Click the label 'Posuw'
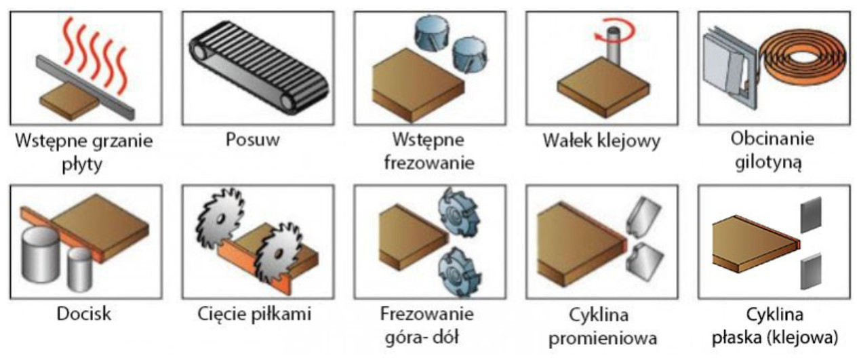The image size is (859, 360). tap(253, 140)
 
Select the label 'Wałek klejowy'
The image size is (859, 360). tap(601, 141)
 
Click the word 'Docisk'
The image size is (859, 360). tap(84, 314)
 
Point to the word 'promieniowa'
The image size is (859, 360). tap(603, 339)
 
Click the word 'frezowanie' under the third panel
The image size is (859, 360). tap(430, 163)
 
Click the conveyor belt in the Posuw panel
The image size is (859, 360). tap(259, 67)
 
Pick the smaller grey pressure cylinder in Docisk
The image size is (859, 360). tap(80, 270)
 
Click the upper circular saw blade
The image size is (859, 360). tap(220, 217)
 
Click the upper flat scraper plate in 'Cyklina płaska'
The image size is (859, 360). tap(811, 214)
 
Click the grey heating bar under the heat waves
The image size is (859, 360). tap(85, 87)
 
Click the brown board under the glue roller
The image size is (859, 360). tap(603, 87)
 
